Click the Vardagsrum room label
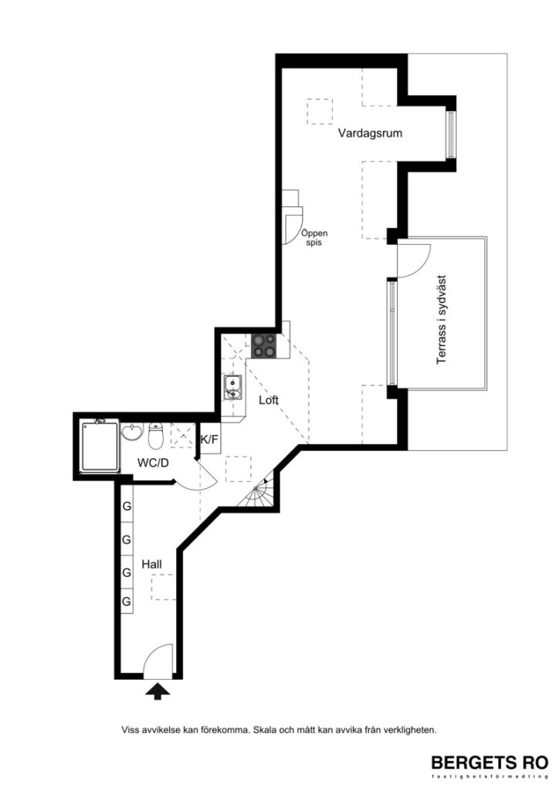(x=370, y=134)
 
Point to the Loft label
(x=268, y=400)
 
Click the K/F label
(x=209, y=440)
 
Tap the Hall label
(x=151, y=565)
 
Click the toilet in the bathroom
(x=155, y=437)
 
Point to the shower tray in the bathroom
(x=99, y=446)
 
